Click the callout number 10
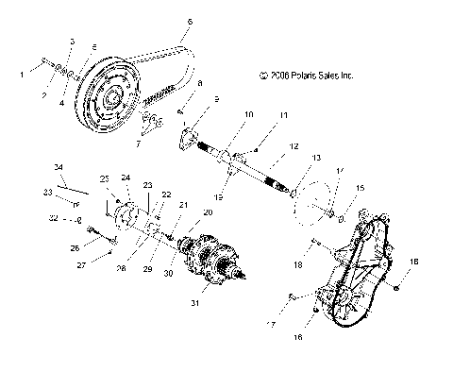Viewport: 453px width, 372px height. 222,115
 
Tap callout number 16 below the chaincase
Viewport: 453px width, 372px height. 300,335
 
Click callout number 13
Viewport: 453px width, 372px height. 316,158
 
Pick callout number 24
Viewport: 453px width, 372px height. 126,178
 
